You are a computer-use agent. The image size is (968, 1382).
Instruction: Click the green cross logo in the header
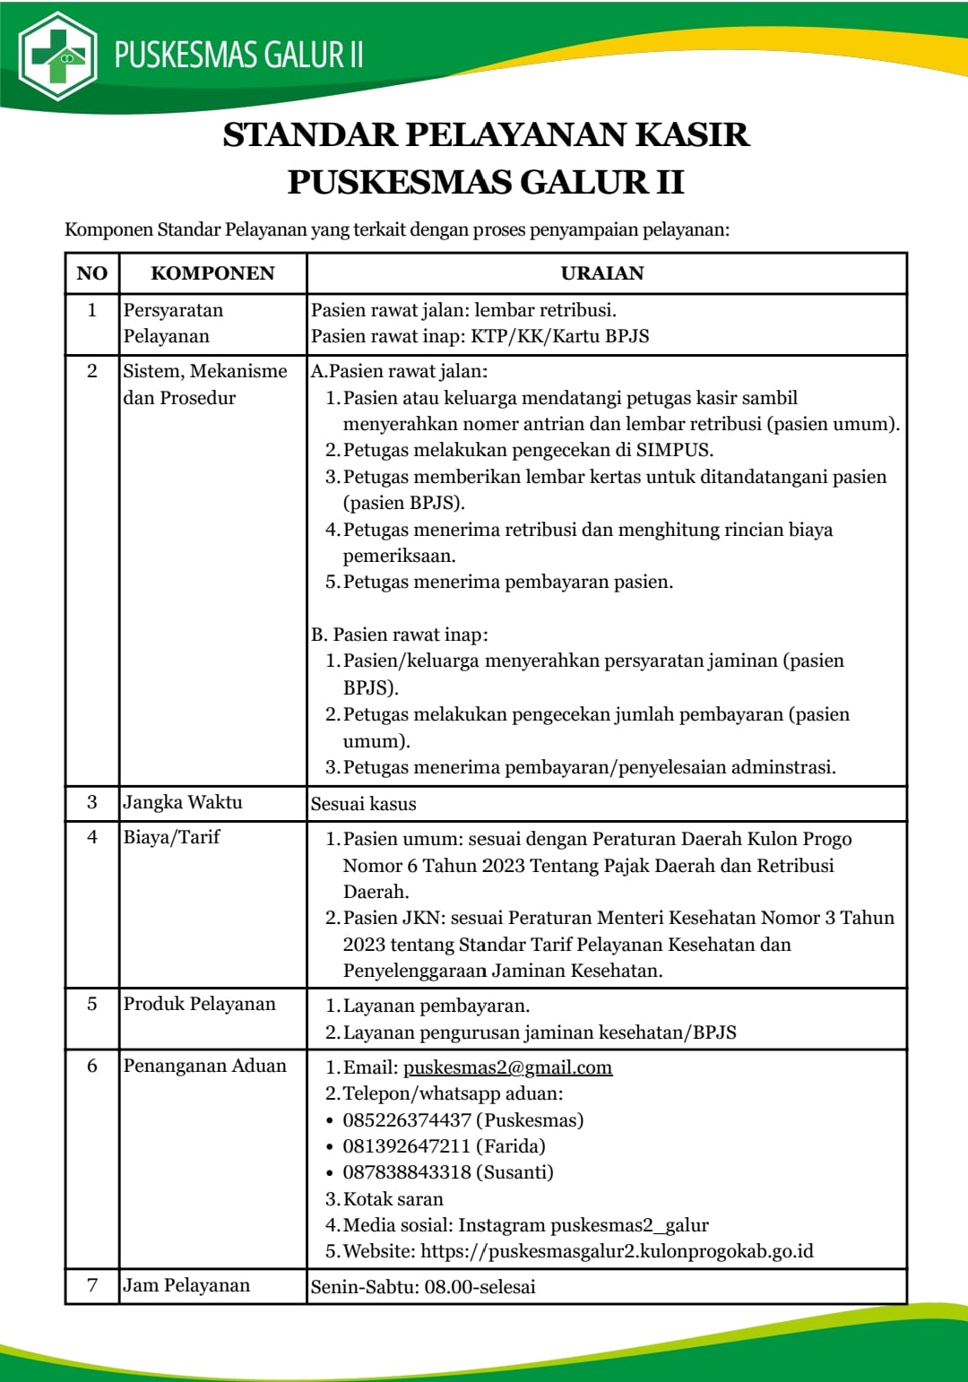[x=57, y=56]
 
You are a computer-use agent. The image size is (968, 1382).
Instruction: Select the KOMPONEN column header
[x=212, y=273]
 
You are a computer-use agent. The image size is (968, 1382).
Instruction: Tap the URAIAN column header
[x=602, y=273]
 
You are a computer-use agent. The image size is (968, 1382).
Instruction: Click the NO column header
[x=91, y=273]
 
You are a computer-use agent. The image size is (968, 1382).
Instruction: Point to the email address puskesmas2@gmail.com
[x=507, y=1067]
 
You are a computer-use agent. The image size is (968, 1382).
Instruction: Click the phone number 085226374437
[x=407, y=1120]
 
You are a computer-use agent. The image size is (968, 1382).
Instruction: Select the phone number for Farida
[x=407, y=1146]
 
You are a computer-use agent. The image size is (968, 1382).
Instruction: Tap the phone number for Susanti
[x=407, y=1172]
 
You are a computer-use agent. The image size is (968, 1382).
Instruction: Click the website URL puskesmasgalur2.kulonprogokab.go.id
[x=617, y=1251]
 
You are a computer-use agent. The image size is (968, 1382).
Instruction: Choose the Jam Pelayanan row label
[x=186, y=1285]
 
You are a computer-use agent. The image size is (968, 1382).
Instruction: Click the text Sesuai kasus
[x=363, y=804]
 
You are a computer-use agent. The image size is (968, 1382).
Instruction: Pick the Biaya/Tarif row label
[x=171, y=837]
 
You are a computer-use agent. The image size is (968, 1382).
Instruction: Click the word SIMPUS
[x=673, y=450]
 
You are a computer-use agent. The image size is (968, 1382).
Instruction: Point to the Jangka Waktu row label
[x=183, y=802]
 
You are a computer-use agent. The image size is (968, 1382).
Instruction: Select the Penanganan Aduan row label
[x=204, y=1066]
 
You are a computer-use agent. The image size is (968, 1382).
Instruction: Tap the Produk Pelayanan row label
[x=199, y=1004]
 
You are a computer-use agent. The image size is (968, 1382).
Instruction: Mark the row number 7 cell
[x=91, y=1285]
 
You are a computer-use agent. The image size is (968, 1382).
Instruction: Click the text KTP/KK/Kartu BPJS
[x=560, y=336]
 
